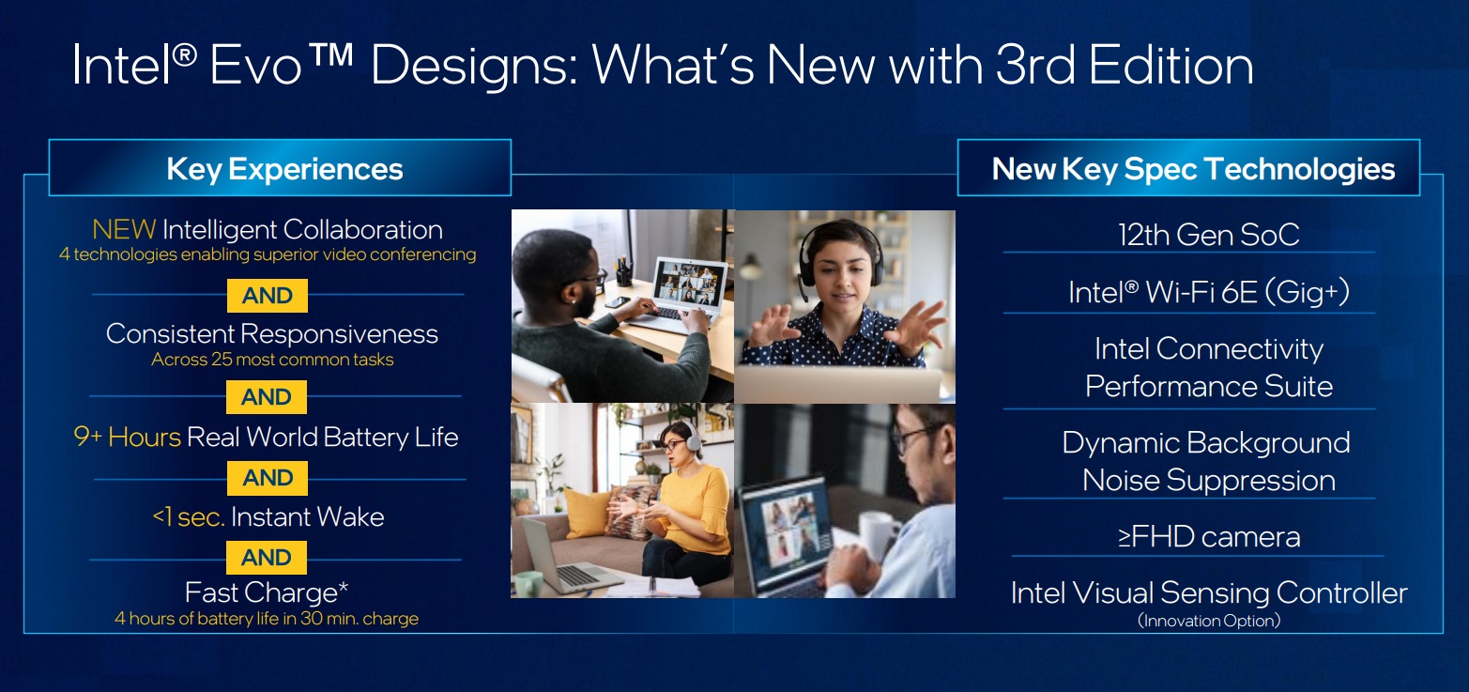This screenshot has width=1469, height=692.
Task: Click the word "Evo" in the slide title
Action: (x=280, y=66)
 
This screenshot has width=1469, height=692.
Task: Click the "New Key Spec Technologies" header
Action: (x=1192, y=169)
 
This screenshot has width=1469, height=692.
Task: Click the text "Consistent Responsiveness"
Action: (x=271, y=334)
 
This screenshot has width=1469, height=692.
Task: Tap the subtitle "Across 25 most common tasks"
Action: (x=272, y=360)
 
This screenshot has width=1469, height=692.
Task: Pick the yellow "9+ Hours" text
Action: (x=128, y=438)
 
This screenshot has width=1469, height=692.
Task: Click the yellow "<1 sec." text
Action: (x=188, y=517)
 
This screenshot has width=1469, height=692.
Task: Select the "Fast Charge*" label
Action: (x=267, y=593)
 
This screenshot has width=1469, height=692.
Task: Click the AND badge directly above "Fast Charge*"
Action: (x=267, y=558)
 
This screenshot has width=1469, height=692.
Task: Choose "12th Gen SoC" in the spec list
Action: (x=1208, y=235)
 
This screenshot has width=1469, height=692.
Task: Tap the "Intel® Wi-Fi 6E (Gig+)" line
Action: (x=1208, y=293)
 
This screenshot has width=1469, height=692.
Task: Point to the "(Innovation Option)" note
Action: (x=1208, y=621)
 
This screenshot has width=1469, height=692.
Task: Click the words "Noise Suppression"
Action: (x=1208, y=481)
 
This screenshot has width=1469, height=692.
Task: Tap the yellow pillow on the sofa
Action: (x=587, y=513)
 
